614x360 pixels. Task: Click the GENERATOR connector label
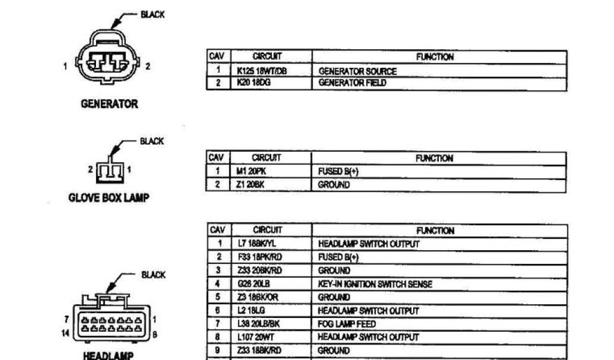(109, 104)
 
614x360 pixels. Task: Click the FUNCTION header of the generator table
(435, 57)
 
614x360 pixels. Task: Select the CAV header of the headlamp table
(217, 230)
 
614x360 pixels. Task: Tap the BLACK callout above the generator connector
(152, 14)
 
